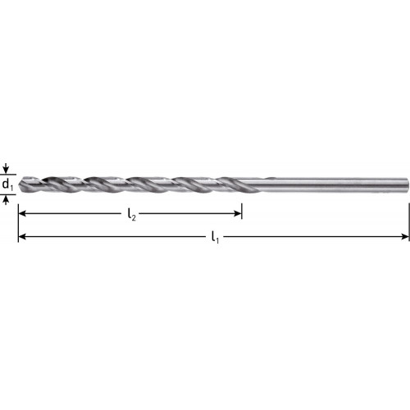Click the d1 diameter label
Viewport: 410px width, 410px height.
pyautogui.click(x=7, y=184)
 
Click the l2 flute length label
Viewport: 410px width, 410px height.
pyautogui.click(x=131, y=215)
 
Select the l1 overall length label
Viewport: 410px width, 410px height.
pyautogui.click(x=216, y=237)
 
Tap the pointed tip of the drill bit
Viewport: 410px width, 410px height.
pyautogui.click(x=20, y=184)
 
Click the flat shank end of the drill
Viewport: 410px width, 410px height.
pyautogui.click(x=408, y=184)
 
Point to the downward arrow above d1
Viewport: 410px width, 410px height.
pyautogui.click(x=7, y=168)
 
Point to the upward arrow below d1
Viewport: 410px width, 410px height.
pyautogui.click(x=7, y=200)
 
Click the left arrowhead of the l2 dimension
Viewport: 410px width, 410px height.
pyautogui.click(x=22, y=213)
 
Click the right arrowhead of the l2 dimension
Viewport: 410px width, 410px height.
pyautogui.click(x=238, y=213)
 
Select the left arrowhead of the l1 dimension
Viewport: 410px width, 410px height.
pyautogui.click(x=22, y=236)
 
